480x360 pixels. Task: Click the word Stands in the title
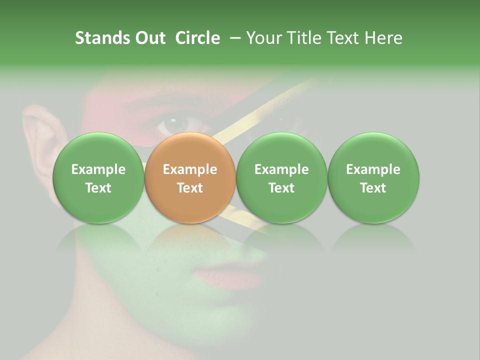coord(101,38)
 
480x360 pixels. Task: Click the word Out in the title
coord(149,38)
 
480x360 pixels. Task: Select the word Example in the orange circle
coord(189,169)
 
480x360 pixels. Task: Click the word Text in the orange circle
coord(189,188)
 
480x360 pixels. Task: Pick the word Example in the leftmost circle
coord(98,169)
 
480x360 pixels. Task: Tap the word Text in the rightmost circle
coord(373,188)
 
